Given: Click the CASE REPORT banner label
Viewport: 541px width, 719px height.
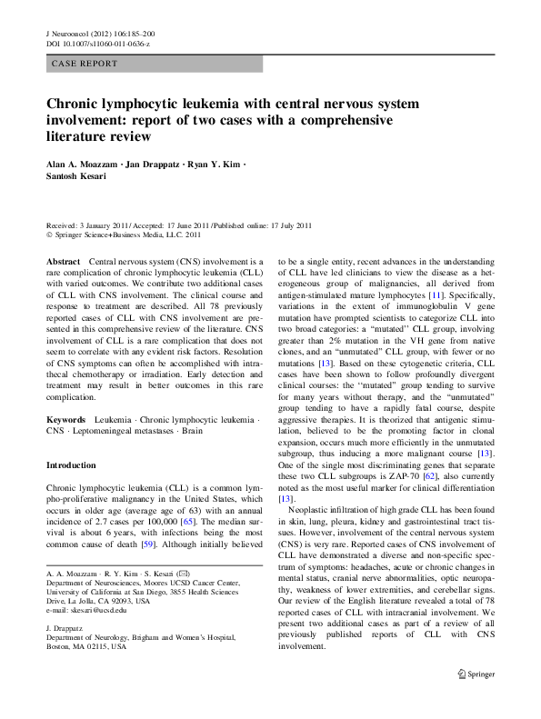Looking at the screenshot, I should [x=85, y=64].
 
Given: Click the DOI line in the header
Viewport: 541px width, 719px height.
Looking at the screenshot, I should [x=97, y=43].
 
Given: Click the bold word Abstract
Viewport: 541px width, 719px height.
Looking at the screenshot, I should [x=63, y=261].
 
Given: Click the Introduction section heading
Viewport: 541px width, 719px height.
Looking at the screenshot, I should [x=70, y=464].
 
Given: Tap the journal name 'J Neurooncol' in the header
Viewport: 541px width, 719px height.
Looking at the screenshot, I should [x=69, y=32].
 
